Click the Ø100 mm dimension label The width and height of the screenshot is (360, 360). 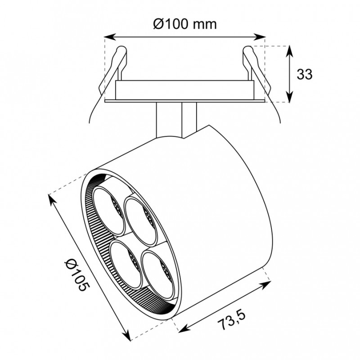pos(185,24)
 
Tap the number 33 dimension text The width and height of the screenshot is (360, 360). pos(305,74)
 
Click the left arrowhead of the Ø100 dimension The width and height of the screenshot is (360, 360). pos(109,37)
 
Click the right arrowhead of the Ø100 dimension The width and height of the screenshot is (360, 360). pos(260,37)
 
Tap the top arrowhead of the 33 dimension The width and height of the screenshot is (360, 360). pos(290,51)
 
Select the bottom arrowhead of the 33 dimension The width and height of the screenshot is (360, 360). pos(290,97)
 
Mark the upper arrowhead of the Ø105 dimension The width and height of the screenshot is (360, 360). pos(52,199)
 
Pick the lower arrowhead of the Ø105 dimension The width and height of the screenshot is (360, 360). pos(126,336)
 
